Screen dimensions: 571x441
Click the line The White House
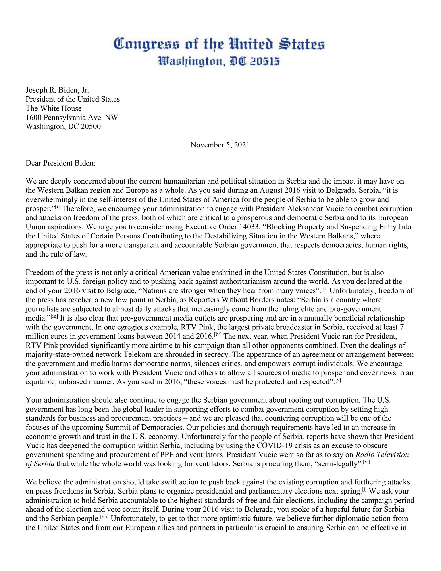point(54,108)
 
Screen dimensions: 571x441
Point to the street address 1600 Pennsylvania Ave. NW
point(72,117)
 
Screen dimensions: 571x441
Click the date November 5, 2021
point(220,145)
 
